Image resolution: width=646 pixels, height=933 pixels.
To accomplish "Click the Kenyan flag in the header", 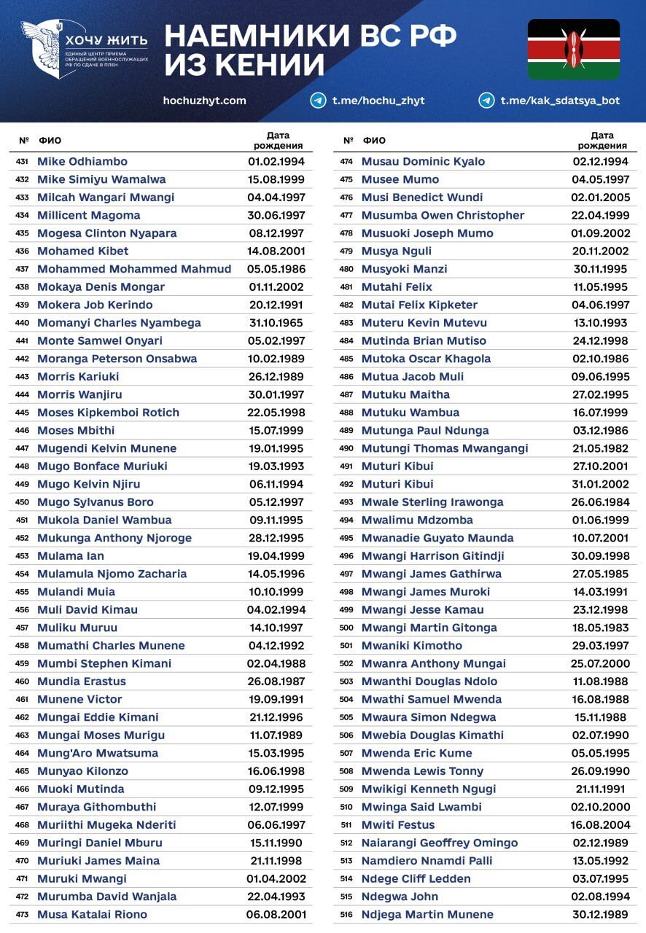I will pos(573,49).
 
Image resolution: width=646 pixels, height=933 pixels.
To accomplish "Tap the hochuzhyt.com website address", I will pos(205,101).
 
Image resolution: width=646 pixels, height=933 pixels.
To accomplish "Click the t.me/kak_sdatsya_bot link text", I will pos(560,101).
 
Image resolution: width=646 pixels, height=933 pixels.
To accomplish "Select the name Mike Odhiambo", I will pos(82,161).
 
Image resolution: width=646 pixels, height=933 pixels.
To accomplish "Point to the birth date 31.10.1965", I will pos(276,323).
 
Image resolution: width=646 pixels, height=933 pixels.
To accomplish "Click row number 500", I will pos(346,628).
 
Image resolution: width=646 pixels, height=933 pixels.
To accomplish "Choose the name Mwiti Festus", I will pos(398,825).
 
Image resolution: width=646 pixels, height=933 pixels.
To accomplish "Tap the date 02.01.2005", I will pos(600,198).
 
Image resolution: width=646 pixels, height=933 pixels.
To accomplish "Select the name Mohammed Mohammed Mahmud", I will pos(134,269).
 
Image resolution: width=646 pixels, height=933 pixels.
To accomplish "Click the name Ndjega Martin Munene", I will pos(427,915).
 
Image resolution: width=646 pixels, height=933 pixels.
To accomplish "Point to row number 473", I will pos(22,915).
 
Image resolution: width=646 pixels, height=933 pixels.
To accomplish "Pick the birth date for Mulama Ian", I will pos(276,556).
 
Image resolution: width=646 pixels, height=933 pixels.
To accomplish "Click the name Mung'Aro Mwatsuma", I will pos(98,753).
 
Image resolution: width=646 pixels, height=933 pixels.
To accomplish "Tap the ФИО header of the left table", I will pos(50,141).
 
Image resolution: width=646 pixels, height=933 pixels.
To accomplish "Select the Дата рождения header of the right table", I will pos(602,140).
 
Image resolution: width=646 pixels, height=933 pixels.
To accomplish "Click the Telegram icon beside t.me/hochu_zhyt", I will pos(318,101).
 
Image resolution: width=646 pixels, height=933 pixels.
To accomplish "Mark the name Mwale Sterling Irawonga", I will pos(432,502).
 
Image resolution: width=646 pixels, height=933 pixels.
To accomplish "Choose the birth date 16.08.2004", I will pos(600,825).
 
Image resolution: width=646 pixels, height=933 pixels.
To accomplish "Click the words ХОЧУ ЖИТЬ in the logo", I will pos(106,40).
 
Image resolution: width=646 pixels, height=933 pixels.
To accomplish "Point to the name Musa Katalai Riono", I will pos(92,915).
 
